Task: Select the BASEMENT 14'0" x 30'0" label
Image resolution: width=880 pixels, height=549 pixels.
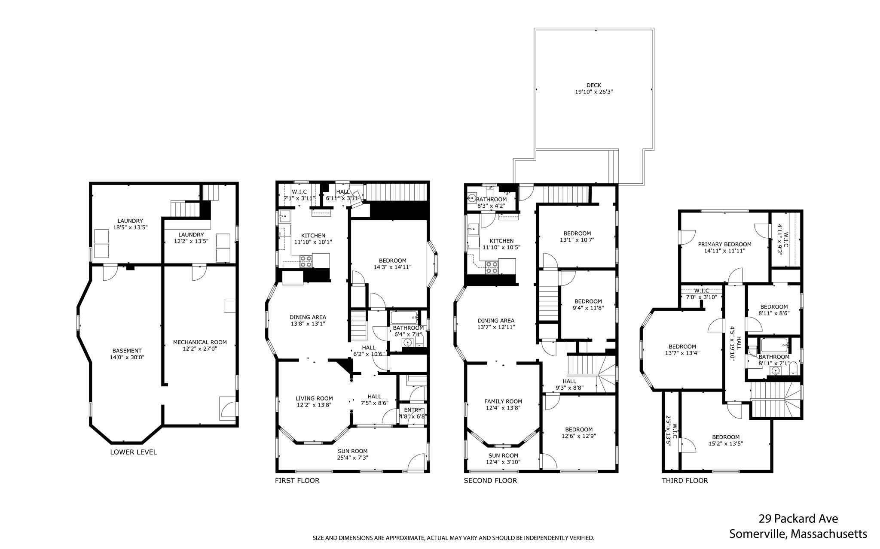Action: (127, 354)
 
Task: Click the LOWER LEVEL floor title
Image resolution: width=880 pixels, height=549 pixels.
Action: (133, 452)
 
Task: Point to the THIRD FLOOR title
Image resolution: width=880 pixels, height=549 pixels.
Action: (684, 480)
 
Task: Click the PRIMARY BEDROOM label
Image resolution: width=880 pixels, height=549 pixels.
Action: (724, 244)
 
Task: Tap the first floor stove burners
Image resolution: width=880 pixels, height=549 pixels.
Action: (306, 261)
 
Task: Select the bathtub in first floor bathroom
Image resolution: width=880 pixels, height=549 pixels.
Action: (404, 318)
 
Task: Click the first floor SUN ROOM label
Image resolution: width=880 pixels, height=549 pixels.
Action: (352, 451)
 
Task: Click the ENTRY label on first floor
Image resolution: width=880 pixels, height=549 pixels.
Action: (412, 410)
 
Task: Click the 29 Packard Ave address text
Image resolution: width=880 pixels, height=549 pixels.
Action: (798, 519)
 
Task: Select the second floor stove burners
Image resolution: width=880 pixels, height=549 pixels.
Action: (491, 267)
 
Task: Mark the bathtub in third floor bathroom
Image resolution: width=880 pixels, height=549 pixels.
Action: (774, 345)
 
